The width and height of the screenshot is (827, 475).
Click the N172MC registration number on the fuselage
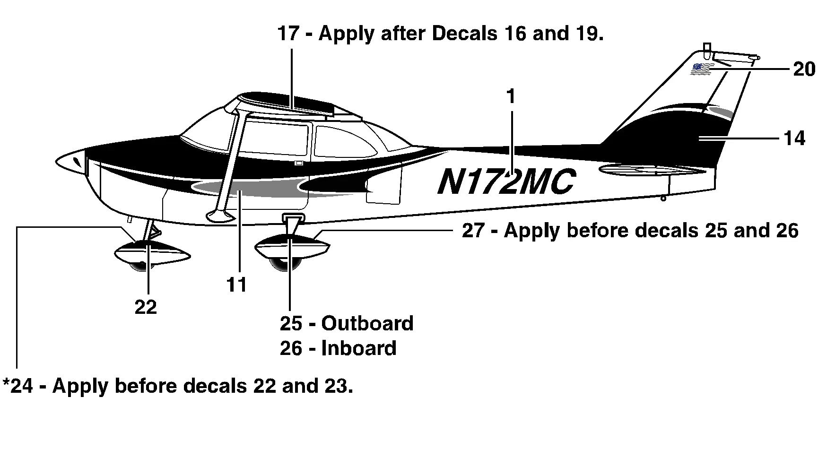click(x=506, y=182)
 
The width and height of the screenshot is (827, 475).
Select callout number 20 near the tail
click(x=804, y=69)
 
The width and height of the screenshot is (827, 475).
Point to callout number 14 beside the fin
click(x=794, y=139)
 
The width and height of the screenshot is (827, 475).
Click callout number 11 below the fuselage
click(x=236, y=285)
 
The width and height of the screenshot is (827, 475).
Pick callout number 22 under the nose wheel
click(x=146, y=308)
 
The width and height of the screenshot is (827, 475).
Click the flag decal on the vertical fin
click(x=701, y=69)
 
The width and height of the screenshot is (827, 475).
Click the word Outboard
click(x=367, y=324)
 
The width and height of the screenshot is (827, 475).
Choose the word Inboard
click(x=359, y=349)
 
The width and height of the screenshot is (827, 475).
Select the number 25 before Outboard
click(x=291, y=324)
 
